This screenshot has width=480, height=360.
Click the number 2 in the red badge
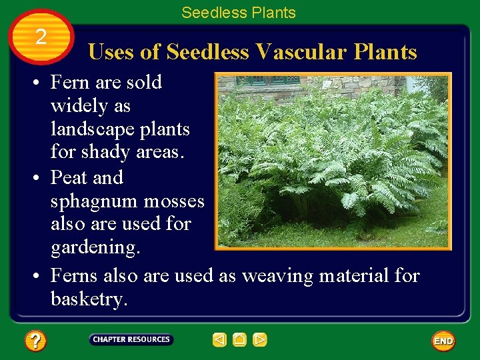[41, 37]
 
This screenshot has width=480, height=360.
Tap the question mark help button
[35, 341]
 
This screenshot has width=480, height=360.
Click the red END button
[443, 341]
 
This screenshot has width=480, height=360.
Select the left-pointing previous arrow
[219, 340]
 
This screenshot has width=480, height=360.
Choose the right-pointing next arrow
[260, 340]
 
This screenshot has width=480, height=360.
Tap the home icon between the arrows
[240, 340]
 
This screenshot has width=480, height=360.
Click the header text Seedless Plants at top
[238, 13]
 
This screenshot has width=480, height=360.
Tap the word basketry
[88, 299]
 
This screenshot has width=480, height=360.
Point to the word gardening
[95, 247]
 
